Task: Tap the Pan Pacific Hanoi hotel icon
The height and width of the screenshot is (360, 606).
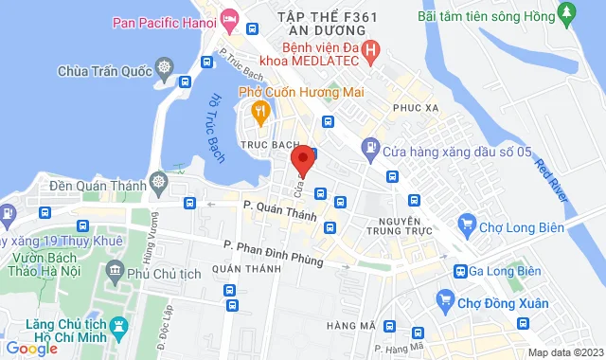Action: [230, 19]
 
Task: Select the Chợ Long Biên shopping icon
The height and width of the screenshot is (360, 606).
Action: [466, 225]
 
